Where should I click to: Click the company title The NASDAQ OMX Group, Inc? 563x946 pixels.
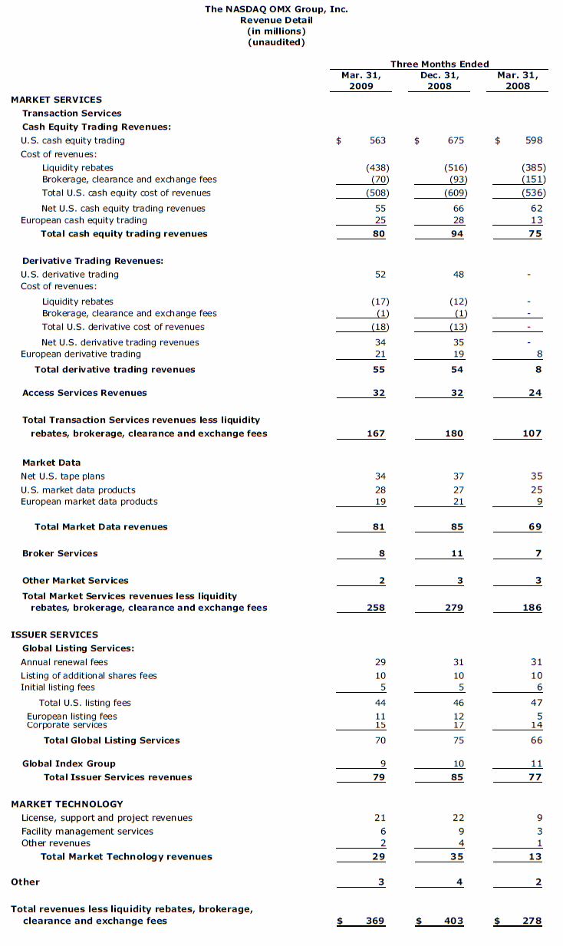(x=276, y=9)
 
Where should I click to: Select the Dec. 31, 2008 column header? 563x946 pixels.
(x=440, y=81)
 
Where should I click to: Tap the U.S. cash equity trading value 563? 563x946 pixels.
(x=377, y=140)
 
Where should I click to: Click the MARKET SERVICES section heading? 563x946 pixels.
(x=56, y=100)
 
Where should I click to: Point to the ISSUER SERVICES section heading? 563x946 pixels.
(x=54, y=635)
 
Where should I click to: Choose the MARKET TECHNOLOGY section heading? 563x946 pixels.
(x=67, y=804)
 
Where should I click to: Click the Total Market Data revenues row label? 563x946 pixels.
(x=100, y=526)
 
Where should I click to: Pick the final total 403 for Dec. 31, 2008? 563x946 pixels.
(x=454, y=921)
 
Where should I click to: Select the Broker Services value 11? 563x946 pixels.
(x=458, y=553)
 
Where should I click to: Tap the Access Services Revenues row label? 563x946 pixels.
(x=84, y=393)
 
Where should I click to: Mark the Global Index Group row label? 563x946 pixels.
(x=69, y=763)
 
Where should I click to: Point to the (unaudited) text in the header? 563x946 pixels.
(x=276, y=42)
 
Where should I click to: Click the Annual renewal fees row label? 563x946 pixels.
(x=64, y=662)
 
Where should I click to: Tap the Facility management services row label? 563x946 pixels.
(x=87, y=831)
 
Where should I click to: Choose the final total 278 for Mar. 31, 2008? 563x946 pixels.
(x=532, y=921)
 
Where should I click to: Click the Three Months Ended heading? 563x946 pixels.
(x=440, y=64)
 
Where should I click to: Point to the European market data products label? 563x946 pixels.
(x=89, y=501)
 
